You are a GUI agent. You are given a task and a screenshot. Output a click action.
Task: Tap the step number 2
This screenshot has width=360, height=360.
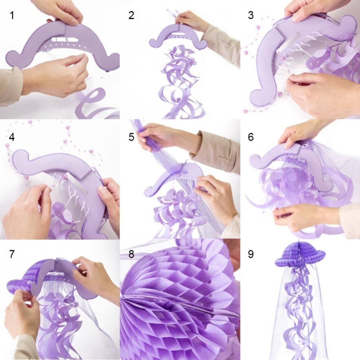(x=131, y=15)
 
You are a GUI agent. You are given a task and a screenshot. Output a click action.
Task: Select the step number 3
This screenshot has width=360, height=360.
(x=250, y=15)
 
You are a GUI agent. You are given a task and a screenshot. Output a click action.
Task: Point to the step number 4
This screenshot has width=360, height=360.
(x=11, y=137)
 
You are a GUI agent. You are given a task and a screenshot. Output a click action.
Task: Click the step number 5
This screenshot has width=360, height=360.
(x=131, y=137)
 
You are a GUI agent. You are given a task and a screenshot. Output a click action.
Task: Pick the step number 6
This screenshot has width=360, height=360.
(x=250, y=137)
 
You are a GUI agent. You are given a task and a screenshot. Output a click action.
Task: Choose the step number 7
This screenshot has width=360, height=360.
(x=11, y=254)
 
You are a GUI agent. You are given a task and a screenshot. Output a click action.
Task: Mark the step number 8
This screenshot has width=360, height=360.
(x=131, y=254)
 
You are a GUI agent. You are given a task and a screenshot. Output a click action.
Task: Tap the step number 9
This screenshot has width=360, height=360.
(x=250, y=254)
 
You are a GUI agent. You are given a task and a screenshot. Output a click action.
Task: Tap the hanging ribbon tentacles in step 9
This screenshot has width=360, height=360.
(x=300, y=310)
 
